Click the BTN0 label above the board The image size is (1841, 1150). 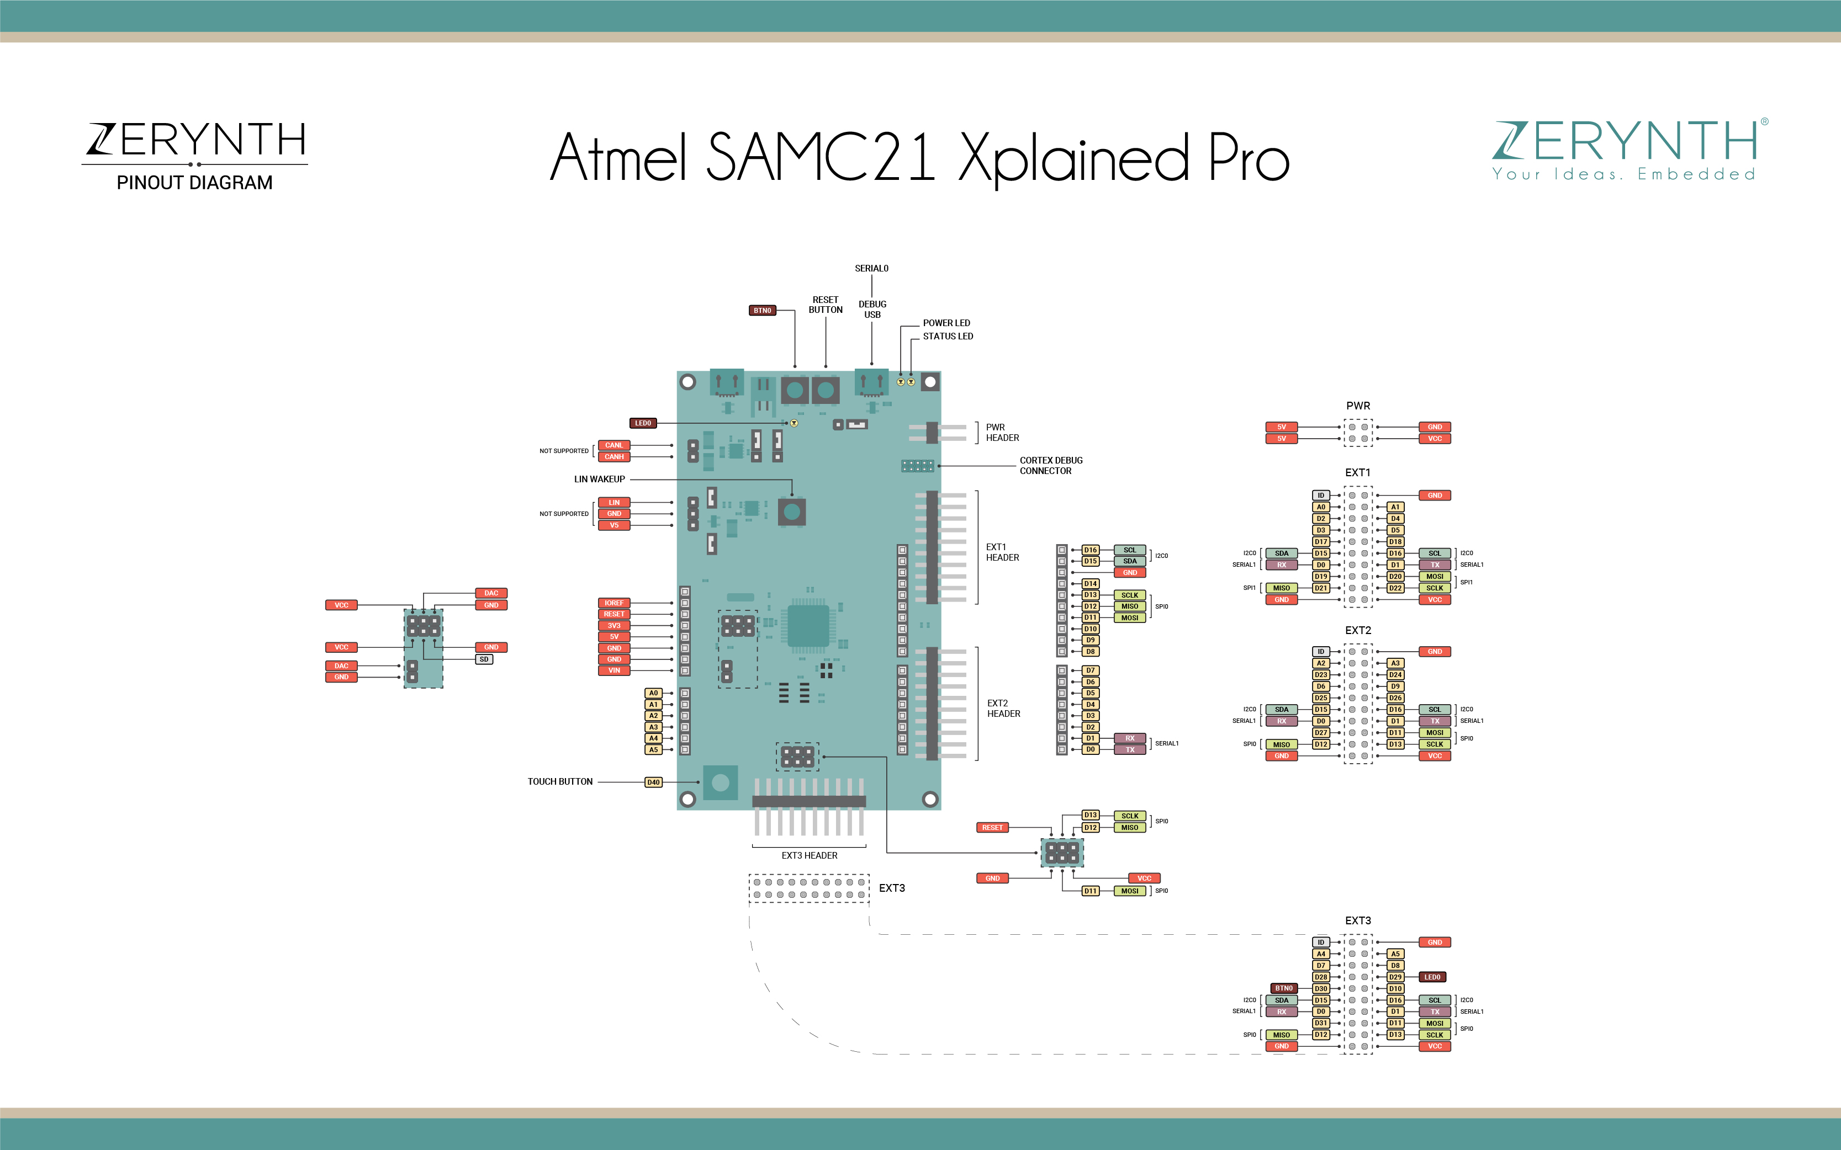click(762, 310)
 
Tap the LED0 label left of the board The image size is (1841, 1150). click(643, 423)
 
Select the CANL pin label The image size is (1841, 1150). click(613, 445)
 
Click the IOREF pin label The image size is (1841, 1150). click(613, 603)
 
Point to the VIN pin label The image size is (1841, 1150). click(613, 670)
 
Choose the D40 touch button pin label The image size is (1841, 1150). click(653, 782)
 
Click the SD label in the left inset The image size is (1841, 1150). click(484, 659)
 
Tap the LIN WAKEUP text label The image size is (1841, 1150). click(599, 479)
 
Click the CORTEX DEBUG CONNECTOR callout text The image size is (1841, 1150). click(1050, 466)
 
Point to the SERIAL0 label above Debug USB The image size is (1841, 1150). click(871, 269)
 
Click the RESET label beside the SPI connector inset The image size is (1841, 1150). click(992, 828)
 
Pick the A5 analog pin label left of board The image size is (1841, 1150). click(653, 750)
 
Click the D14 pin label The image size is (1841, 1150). click(1090, 583)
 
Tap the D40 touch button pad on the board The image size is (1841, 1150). click(720, 782)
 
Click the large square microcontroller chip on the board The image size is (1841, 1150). click(808, 626)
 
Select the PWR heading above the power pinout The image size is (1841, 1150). click(1358, 406)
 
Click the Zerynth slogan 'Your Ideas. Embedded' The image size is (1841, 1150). click(1623, 174)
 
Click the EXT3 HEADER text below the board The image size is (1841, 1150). click(809, 856)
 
